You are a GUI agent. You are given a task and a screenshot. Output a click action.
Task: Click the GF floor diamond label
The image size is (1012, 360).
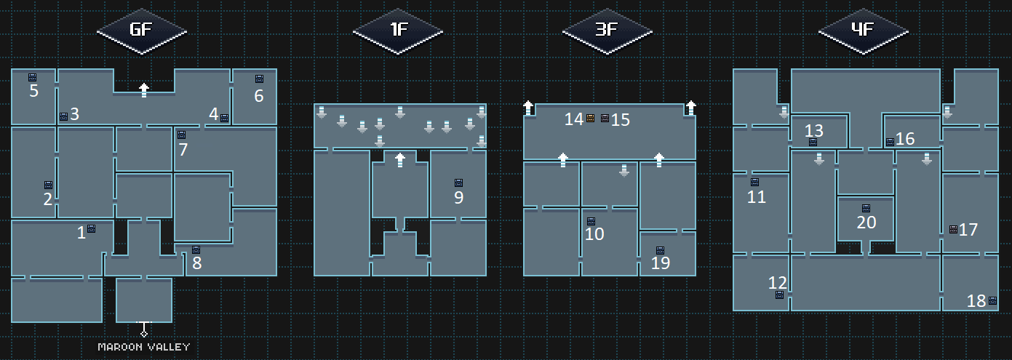(142, 31)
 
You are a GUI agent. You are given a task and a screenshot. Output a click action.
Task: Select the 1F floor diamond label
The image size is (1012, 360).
(398, 31)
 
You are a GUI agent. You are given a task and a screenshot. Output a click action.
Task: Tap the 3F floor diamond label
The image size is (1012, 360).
(607, 31)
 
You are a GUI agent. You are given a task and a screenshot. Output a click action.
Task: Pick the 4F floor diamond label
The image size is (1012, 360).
(864, 31)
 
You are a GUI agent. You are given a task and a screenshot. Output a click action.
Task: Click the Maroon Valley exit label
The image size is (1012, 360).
(144, 347)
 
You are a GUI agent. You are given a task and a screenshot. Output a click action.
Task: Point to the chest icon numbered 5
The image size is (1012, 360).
(32, 77)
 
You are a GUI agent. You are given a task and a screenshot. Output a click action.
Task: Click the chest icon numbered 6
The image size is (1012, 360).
(259, 79)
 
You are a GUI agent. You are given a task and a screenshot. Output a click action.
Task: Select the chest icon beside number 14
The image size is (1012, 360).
(591, 118)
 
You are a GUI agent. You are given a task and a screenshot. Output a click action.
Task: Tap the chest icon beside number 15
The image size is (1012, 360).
(605, 118)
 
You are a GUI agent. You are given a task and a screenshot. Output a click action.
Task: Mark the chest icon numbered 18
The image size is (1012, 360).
(992, 300)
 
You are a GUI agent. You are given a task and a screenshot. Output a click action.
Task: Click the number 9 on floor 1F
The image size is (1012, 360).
(458, 197)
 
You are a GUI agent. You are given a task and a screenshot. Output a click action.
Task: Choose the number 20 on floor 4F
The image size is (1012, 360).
(866, 223)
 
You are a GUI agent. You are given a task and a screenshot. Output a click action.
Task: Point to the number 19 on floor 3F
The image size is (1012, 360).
(660, 263)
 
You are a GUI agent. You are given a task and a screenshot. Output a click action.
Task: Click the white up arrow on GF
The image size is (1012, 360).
(144, 90)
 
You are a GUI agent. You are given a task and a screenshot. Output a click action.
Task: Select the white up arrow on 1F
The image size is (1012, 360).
(399, 160)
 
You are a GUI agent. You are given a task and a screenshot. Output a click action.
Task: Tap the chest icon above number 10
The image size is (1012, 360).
(591, 220)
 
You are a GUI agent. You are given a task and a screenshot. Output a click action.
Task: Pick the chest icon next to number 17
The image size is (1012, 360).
(953, 229)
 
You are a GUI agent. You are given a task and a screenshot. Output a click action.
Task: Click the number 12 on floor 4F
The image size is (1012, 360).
(777, 282)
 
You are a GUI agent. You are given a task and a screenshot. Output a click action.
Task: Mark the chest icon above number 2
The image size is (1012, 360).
(48, 185)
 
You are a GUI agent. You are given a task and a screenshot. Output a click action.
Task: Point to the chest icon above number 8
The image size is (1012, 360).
(196, 249)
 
